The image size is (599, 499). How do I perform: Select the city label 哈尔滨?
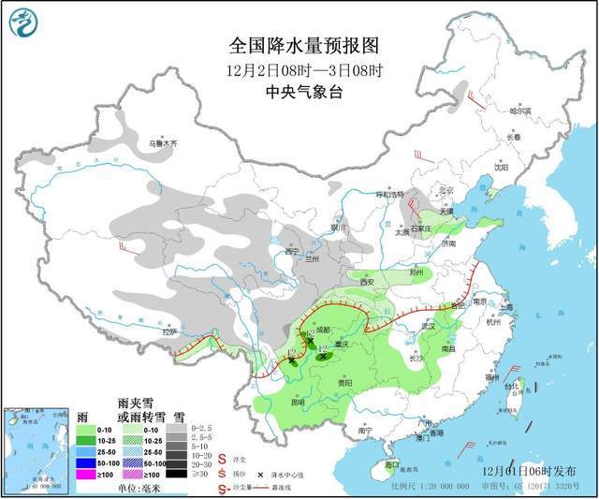click(519, 110)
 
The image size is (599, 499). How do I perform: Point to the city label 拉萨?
click(168, 330)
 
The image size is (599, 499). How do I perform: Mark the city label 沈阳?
click(503, 169)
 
